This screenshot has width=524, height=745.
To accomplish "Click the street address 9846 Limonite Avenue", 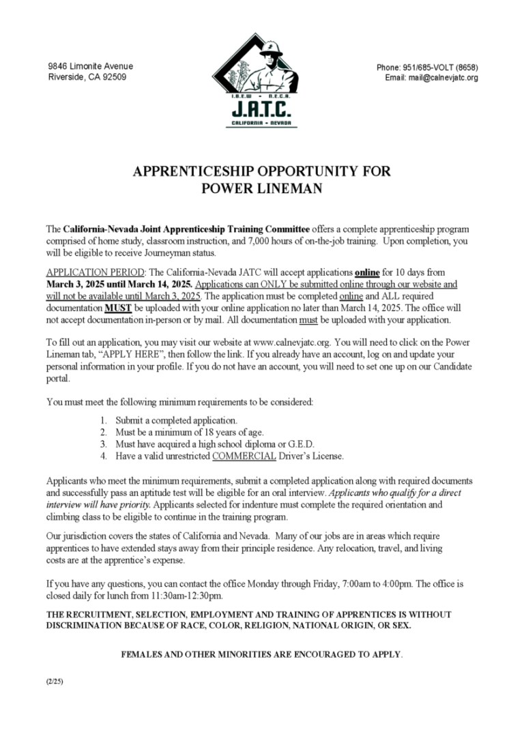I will pyautogui.click(x=91, y=66).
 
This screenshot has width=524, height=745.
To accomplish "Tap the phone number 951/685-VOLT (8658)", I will pyautogui.click(x=427, y=68).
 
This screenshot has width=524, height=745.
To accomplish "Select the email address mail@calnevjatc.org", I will pyautogui.click(x=443, y=78).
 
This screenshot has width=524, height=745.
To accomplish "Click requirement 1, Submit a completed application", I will pyautogui.click(x=176, y=420).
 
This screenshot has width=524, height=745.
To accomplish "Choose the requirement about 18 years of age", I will pyautogui.click(x=189, y=432).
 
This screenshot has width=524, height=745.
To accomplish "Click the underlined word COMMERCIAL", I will pyautogui.click(x=244, y=456).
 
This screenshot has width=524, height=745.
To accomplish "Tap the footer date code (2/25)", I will pyautogui.click(x=55, y=681).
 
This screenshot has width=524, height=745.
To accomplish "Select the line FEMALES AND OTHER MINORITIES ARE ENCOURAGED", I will pyautogui.click(x=261, y=654).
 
